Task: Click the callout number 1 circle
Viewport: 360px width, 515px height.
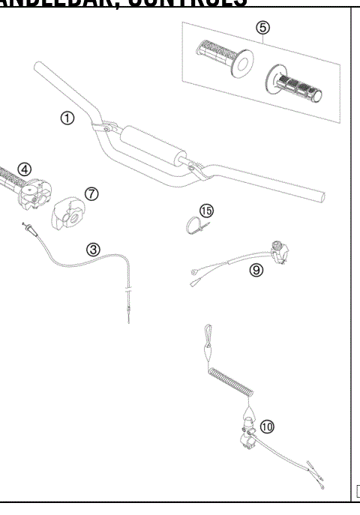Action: coord(67,118)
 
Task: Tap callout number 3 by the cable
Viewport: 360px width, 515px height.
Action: coord(93,249)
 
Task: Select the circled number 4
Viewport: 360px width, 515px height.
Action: coord(25,169)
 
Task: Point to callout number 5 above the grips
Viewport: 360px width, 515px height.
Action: coord(262,28)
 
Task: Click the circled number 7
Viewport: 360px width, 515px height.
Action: coord(91,193)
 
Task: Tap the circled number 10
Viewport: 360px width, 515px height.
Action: coord(266,427)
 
